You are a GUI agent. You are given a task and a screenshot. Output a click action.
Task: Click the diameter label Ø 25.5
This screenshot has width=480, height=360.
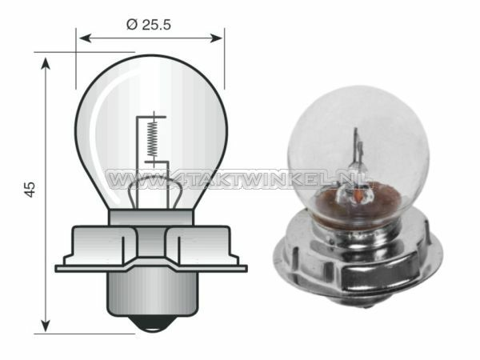click(150, 24)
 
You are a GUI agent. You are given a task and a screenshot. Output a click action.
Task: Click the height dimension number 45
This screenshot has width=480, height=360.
click(30, 190)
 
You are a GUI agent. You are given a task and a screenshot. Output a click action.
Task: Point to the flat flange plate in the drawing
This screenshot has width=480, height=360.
click(150, 268)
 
